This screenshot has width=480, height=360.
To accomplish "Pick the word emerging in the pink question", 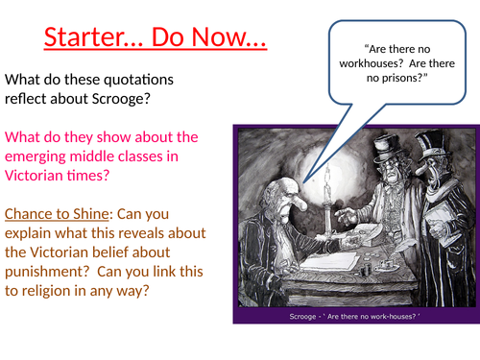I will pos(42,157).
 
